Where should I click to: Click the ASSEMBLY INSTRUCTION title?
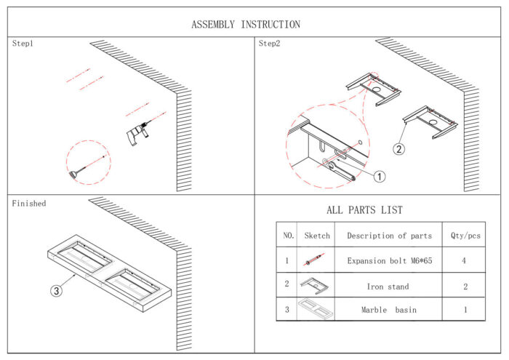pyautogui.click(x=245, y=24)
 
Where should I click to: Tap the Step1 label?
pyautogui.click(x=23, y=44)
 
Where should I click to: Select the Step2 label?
pyautogui.click(x=269, y=44)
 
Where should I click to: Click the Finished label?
pyautogui.click(x=28, y=204)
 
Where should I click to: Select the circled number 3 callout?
pyautogui.click(x=57, y=291)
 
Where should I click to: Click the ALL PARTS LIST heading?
pyautogui.click(x=364, y=210)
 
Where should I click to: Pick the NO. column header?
pyautogui.click(x=288, y=236)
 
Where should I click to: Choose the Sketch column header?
pyautogui.click(x=317, y=236)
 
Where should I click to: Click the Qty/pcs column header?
pyautogui.click(x=465, y=236)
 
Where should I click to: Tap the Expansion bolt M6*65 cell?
pyautogui.click(x=388, y=260)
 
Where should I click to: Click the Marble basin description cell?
pyautogui.click(x=388, y=310)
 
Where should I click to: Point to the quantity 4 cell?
pyautogui.click(x=465, y=260)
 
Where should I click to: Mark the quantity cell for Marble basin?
pyautogui.click(x=465, y=310)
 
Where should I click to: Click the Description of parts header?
pyautogui.click(x=389, y=236)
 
